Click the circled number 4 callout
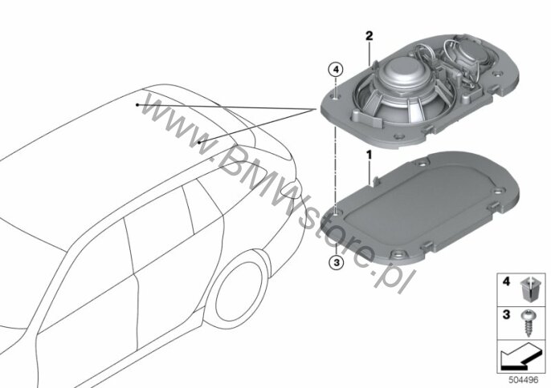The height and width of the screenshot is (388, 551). [336, 71]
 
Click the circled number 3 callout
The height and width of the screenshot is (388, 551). [337, 261]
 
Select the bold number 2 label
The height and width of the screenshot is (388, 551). [369, 36]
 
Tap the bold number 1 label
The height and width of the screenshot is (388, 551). [369, 155]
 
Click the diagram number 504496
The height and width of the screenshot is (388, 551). [524, 380]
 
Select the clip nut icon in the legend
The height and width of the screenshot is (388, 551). [529, 289]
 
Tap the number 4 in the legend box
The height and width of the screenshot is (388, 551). [506, 281]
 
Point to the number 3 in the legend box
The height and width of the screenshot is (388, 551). [506, 314]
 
